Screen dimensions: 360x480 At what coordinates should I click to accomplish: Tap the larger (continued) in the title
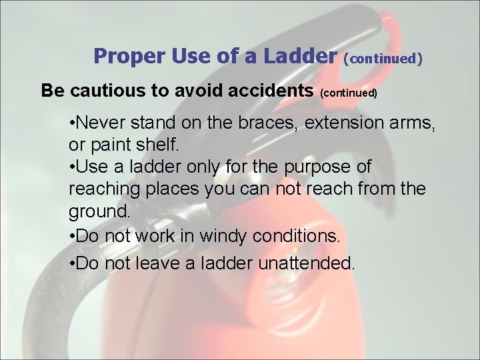(383, 59)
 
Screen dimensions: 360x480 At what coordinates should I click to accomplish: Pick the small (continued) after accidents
(349, 93)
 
